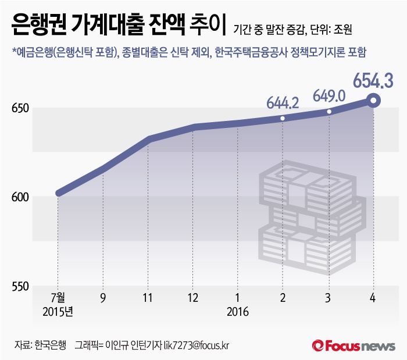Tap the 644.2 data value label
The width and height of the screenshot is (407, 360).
click(x=283, y=104)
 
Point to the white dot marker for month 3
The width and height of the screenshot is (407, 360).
click(x=329, y=112)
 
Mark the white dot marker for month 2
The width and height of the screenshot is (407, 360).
click(x=283, y=119)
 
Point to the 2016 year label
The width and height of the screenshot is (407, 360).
click(x=238, y=312)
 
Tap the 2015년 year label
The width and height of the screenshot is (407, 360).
click(x=58, y=312)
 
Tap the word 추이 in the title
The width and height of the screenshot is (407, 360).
click(x=208, y=27)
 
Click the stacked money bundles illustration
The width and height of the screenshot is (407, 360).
click(x=312, y=220)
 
